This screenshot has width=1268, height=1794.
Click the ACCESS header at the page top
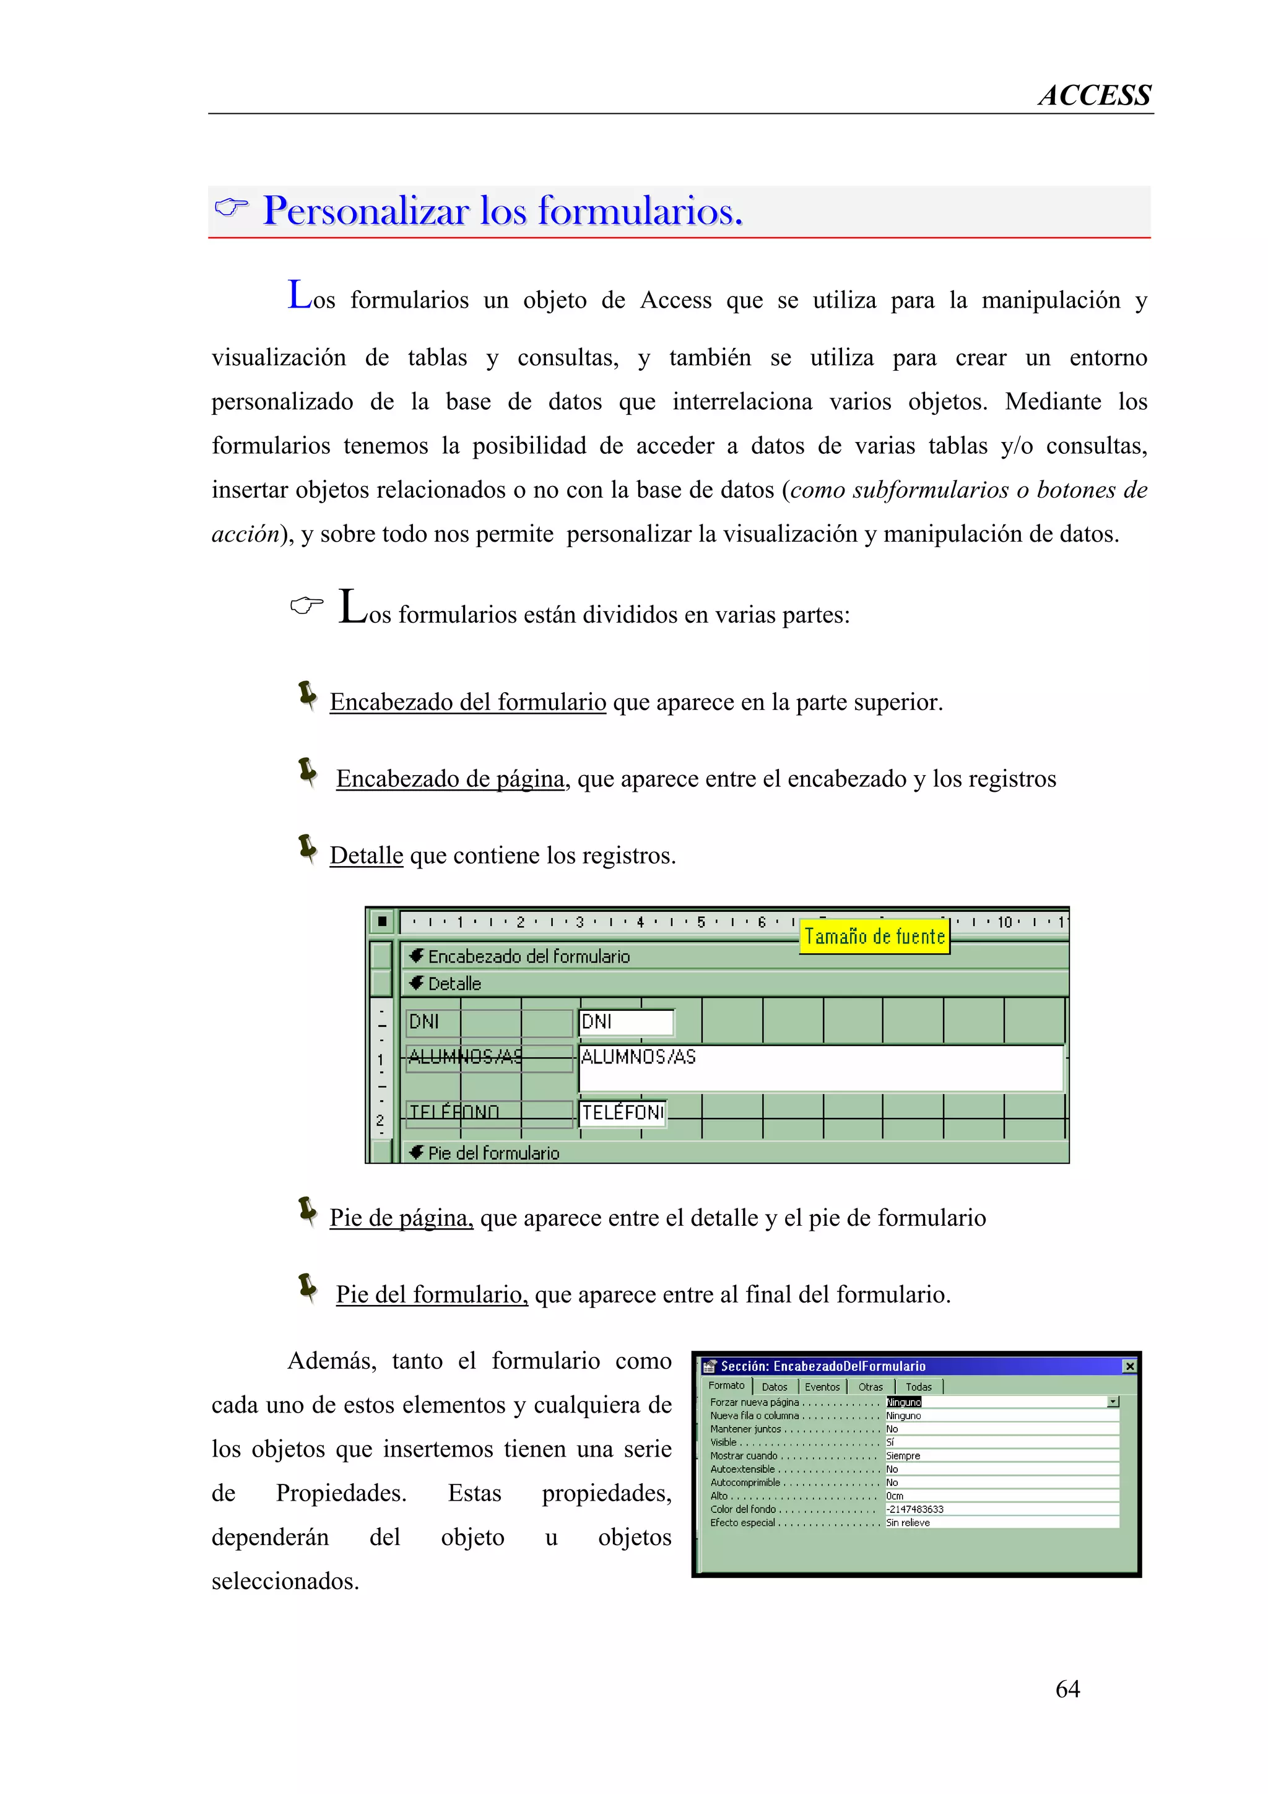1094,95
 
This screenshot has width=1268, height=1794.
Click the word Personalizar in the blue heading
365,211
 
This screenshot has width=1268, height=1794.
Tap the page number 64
1067,1689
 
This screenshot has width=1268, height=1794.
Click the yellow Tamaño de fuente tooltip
874,936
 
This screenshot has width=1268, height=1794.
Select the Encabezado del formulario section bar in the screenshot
528,956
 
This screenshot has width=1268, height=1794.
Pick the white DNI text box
626,1022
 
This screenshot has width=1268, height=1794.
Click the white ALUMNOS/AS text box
820,1067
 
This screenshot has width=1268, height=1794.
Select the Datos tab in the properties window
775,1387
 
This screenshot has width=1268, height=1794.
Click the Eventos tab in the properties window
822,1387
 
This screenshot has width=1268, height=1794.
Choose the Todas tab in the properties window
918,1387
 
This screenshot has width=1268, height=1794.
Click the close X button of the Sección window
1129,1366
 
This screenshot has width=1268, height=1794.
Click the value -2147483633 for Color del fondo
915,1509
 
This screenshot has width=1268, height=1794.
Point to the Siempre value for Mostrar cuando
903,1455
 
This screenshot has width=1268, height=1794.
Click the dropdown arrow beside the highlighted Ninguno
1113,1402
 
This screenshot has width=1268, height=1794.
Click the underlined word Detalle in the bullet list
366,855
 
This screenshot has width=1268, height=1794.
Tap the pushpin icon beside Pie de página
308,1211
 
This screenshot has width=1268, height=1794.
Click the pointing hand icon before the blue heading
232,208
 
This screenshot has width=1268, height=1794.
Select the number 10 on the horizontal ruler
1004,922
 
